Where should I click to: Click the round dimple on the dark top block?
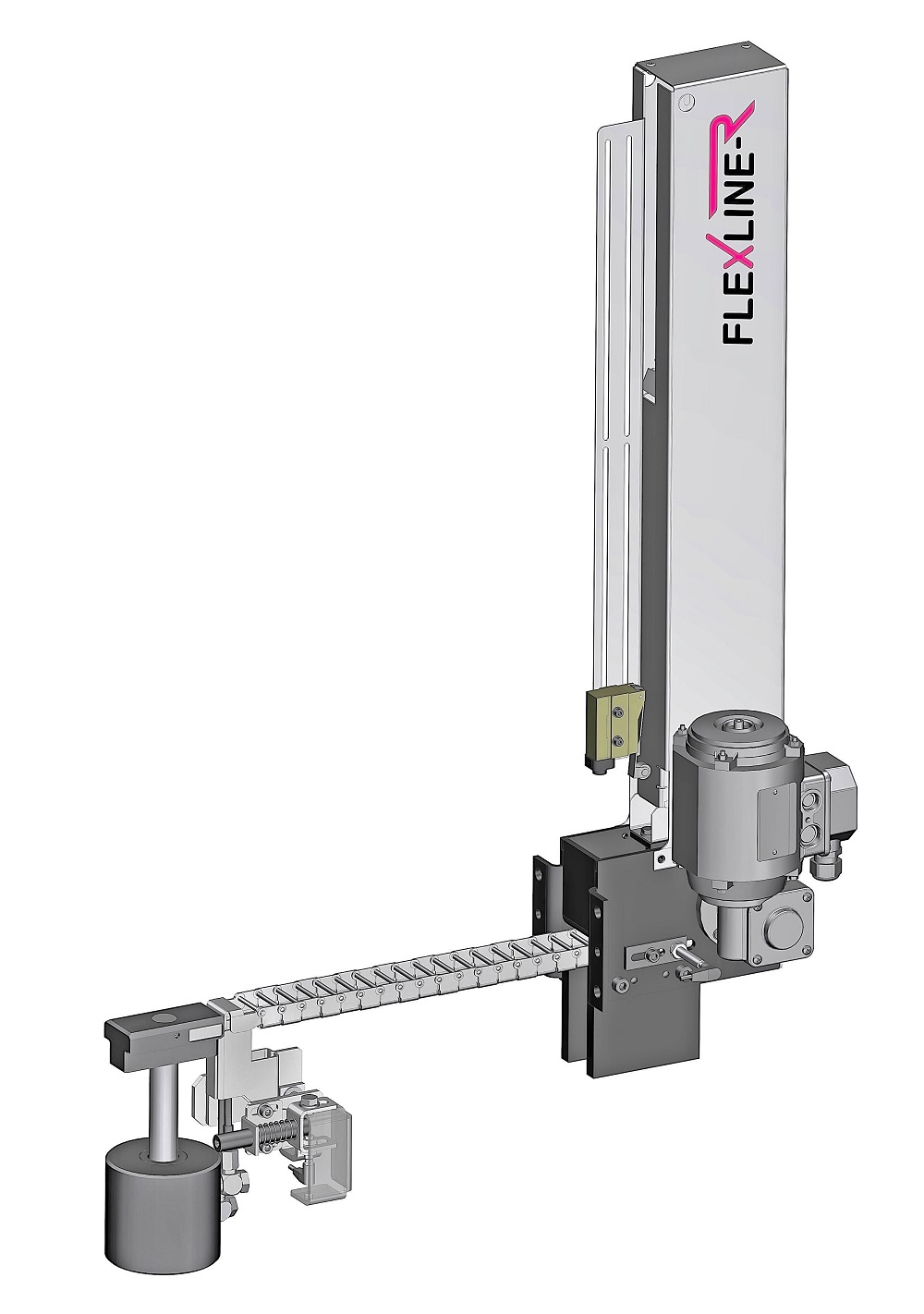[163, 1018]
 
